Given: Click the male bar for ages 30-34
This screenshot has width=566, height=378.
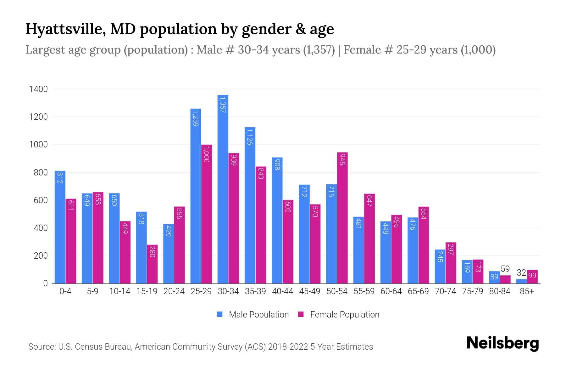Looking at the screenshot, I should click(223, 189).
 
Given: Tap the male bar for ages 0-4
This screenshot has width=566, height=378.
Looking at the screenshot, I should click(60, 227).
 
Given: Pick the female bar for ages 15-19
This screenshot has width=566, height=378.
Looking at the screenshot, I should click(152, 264).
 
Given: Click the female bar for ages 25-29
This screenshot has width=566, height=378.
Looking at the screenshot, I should click(207, 214).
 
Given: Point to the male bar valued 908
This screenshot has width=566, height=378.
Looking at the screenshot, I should click(277, 220).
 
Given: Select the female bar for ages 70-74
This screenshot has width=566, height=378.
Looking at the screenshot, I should click(451, 263).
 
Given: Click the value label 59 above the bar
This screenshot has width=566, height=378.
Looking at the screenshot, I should click(505, 269).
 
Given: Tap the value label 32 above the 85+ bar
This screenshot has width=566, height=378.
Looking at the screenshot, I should click(521, 273).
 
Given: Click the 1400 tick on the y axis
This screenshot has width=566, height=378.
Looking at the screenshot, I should click(38, 89).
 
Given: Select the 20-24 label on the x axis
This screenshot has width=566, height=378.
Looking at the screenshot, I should click(174, 291).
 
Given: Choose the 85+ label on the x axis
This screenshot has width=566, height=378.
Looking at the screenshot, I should click(527, 291).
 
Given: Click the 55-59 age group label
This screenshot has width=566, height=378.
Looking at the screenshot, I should click(364, 291).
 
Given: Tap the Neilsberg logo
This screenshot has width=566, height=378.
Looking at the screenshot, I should click(502, 343).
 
